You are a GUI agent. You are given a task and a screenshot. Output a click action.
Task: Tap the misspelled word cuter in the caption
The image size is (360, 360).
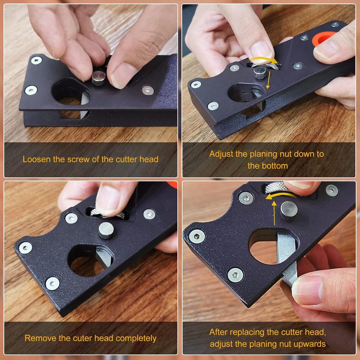pyautogui.click(x=83, y=338)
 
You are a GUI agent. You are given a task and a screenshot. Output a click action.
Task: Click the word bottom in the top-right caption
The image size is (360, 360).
pyautogui.click(x=273, y=166)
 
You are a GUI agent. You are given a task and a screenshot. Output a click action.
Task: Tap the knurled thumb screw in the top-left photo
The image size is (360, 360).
pyautogui.click(x=98, y=78)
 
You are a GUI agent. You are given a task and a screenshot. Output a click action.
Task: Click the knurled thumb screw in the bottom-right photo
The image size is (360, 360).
pyautogui.click(x=289, y=211)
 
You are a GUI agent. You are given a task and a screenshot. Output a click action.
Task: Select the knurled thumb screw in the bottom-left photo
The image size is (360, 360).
pyautogui.click(x=105, y=230)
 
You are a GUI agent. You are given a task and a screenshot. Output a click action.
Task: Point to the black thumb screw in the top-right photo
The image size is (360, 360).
pyautogui.click(x=259, y=73)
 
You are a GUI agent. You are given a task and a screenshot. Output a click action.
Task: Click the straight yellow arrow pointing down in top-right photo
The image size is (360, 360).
pyautogui.click(x=268, y=80)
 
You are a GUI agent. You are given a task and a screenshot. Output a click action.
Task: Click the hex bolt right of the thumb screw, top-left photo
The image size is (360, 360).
pyautogui.click(x=148, y=90)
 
